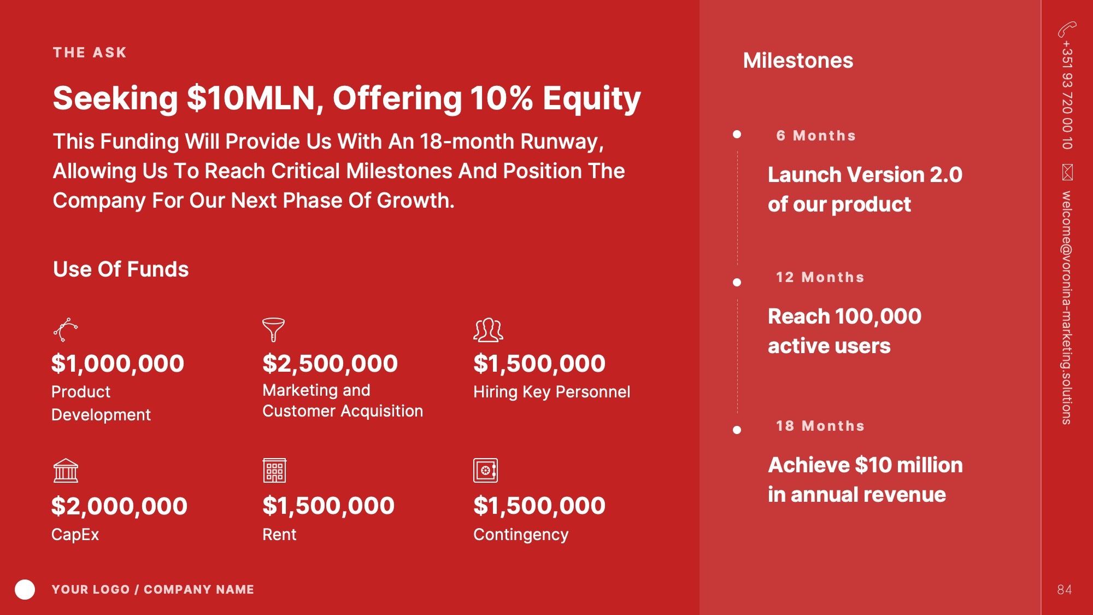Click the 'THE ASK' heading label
coord(90,52)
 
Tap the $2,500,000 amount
coord(330,364)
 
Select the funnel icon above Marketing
coord(273,330)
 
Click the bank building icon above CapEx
coord(66,470)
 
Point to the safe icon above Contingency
coord(485,470)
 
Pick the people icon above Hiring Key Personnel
coord(488,330)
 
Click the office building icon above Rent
coord(274,470)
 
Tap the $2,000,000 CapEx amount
coord(119,506)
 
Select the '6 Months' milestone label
coord(816,136)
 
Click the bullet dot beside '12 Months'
coord(737,282)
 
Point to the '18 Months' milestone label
coord(820,426)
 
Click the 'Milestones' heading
coord(798,60)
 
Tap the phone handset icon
coord(1067,29)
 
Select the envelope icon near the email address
coord(1067,172)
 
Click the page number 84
coord(1064,589)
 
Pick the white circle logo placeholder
coord(25,589)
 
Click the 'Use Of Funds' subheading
coord(121,269)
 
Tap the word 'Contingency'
coord(521,535)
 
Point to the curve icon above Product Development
coord(66,330)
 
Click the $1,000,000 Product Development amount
coord(117,364)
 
